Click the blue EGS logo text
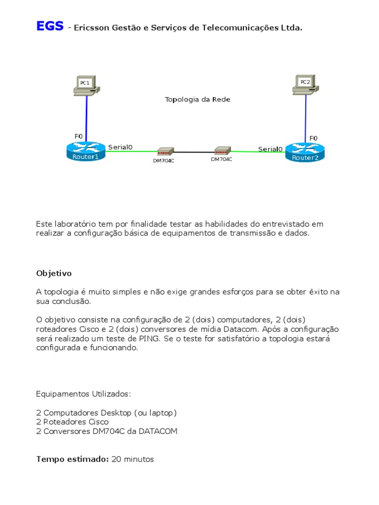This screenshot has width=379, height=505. coord(49,26)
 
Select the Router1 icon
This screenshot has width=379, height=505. coord(86,150)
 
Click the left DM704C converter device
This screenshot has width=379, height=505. coord(164,152)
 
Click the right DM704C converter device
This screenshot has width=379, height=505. coord(222,151)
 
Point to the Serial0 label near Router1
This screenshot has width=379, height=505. coord(120,146)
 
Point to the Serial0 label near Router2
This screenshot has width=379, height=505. coord(270,149)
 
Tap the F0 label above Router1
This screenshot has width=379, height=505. coord(78,136)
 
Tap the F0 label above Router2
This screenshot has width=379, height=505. coord(313,138)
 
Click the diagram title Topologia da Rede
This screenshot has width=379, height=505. coord(197,100)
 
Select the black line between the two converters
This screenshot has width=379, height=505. coord(193,152)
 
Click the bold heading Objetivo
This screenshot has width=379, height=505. coord(54,273)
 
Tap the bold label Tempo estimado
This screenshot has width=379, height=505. coord(72,459)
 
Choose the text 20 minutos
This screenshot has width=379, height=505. coord(133,459)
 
